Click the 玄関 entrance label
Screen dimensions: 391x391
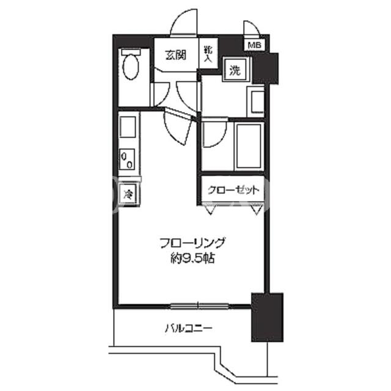point(176,55)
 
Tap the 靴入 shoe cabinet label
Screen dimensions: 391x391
point(208,54)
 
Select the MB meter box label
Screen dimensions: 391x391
point(254,45)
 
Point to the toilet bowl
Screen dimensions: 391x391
point(131,67)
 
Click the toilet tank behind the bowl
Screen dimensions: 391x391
point(131,52)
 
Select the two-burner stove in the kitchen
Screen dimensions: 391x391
point(127,159)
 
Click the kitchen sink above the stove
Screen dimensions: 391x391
point(128,127)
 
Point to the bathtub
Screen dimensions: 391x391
point(249,146)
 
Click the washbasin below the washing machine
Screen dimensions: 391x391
point(256,102)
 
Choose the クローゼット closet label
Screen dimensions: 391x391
point(233,190)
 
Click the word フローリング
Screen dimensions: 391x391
point(192,243)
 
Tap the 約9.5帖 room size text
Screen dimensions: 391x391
point(192,258)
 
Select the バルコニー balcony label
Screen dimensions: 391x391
point(189,328)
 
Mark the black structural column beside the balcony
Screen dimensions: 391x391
point(267,317)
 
